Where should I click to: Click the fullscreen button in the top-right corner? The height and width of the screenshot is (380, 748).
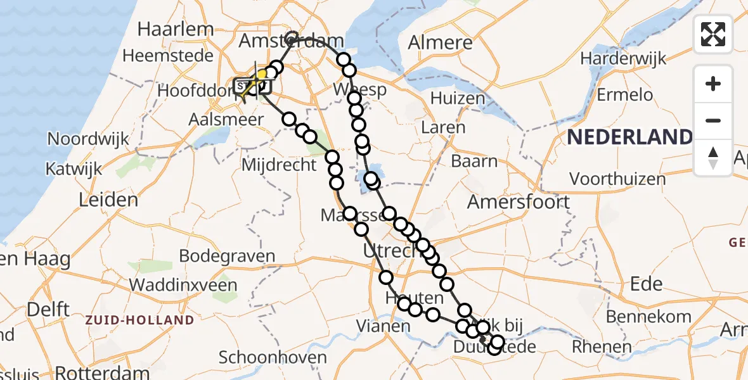(x=713, y=34)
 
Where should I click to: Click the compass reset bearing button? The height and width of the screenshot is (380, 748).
(x=713, y=158)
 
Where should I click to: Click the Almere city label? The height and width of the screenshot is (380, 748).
(x=441, y=42)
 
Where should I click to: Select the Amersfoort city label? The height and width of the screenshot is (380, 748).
(x=519, y=202)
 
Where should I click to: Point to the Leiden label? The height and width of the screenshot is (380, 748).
(x=108, y=201)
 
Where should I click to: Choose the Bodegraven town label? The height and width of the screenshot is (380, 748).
(x=228, y=256)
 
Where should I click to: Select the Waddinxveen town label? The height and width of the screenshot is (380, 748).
(x=183, y=284)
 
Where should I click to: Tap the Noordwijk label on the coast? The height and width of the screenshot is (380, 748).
(x=88, y=139)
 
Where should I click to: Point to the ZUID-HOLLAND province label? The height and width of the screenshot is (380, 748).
(x=140, y=320)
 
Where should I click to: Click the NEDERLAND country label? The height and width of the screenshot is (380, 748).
(x=630, y=137)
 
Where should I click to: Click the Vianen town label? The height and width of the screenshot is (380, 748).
(x=383, y=326)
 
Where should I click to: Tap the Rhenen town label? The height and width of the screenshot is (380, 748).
(x=602, y=346)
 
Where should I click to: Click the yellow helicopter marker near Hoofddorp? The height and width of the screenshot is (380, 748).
(x=260, y=77)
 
